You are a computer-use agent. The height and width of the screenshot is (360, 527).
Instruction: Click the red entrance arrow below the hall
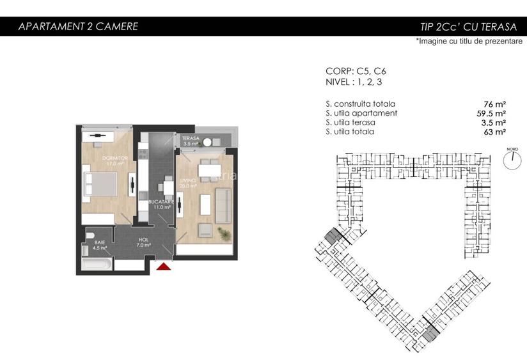pyautogui.click(x=165, y=267)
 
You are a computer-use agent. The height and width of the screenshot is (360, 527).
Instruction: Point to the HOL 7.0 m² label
pyautogui.click(x=143, y=241)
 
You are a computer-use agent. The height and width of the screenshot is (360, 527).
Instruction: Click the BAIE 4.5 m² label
pyautogui.click(x=100, y=246)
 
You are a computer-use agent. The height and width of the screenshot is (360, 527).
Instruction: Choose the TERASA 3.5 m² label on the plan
pyautogui.click(x=191, y=141)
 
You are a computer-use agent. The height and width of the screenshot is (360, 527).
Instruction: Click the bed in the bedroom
pyautogui.click(x=100, y=184)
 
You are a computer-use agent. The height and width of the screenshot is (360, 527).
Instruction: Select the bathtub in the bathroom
pyautogui.click(x=98, y=264)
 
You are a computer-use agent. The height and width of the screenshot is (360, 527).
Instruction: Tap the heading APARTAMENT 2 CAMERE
pyautogui.click(x=78, y=26)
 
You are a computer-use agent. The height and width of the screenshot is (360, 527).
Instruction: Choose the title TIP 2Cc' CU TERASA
pyautogui.click(x=468, y=27)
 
